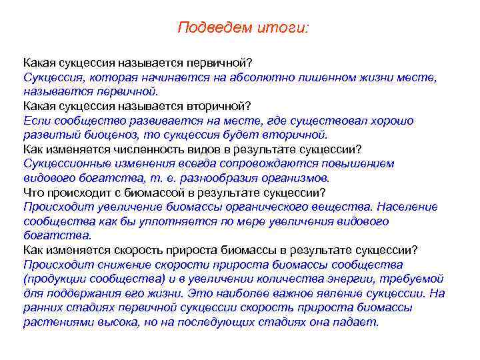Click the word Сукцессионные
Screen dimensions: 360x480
65,164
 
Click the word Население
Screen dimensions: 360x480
409,207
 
